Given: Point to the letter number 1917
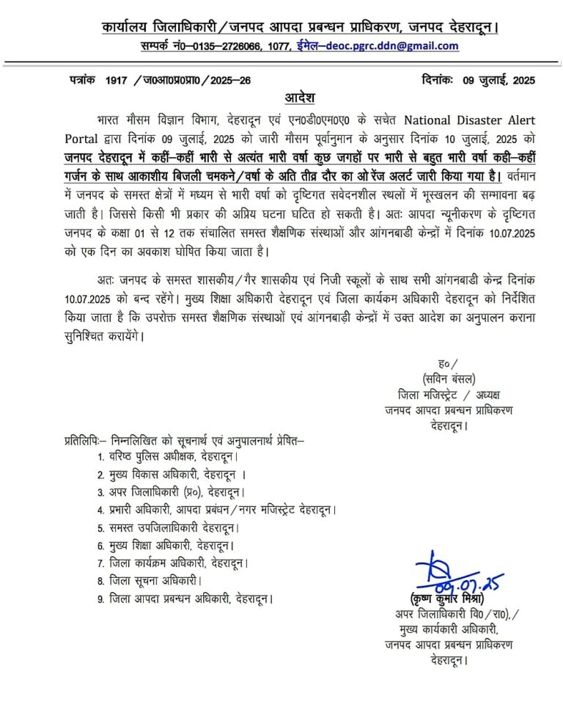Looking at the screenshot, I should coord(117,80).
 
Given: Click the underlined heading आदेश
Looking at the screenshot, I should coord(299,98).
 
